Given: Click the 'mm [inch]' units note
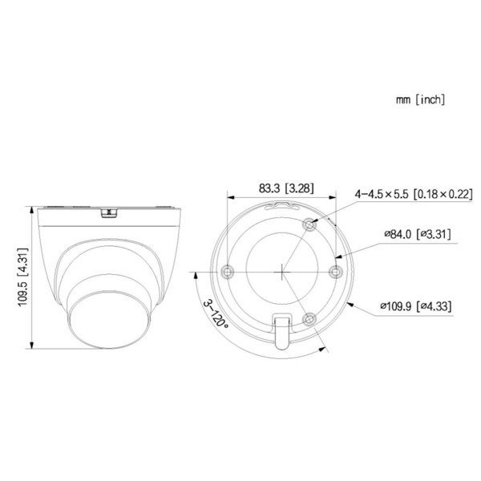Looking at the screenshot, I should point(419,100).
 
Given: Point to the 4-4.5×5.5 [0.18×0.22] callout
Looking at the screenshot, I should point(414,193).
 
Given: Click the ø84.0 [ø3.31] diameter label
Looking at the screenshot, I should point(417,234).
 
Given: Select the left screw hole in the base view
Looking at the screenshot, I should point(229,271).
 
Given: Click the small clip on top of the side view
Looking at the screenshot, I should point(108,212).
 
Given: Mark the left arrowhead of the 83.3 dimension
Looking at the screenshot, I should point(231,197).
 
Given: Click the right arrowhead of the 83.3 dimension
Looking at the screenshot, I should point(334,197).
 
